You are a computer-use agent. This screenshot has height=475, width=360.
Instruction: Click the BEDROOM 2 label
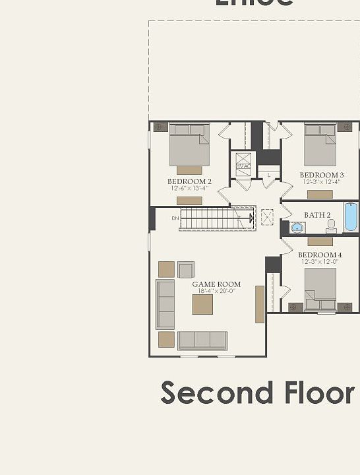click(189, 181)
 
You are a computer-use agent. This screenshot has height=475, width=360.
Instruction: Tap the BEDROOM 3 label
click(321, 175)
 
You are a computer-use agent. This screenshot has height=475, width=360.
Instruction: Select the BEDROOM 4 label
click(320, 255)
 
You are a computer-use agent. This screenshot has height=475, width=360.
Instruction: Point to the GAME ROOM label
click(216, 284)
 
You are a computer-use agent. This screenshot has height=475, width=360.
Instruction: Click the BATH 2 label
click(317, 215)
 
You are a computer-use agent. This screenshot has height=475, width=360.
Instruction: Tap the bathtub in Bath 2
click(351, 217)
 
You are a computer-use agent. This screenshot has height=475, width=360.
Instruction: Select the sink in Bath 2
click(297, 228)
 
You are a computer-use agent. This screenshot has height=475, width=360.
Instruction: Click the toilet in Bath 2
click(331, 226)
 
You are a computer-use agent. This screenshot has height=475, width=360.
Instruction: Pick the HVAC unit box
click(243, 162)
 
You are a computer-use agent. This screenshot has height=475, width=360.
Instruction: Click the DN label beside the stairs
click(175, 218)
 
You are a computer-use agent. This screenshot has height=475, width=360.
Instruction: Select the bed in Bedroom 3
click(320, 145)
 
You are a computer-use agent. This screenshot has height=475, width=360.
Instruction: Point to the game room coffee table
click(202, 304)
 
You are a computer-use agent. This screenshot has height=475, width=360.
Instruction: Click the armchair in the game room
click(186, 270)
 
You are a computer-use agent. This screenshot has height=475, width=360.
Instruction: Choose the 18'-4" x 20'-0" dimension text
click(216, 292)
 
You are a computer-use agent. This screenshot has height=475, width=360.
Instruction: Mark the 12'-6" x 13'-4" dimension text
click(189, 188)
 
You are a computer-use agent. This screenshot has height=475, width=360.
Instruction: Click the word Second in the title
click(216, 393)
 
